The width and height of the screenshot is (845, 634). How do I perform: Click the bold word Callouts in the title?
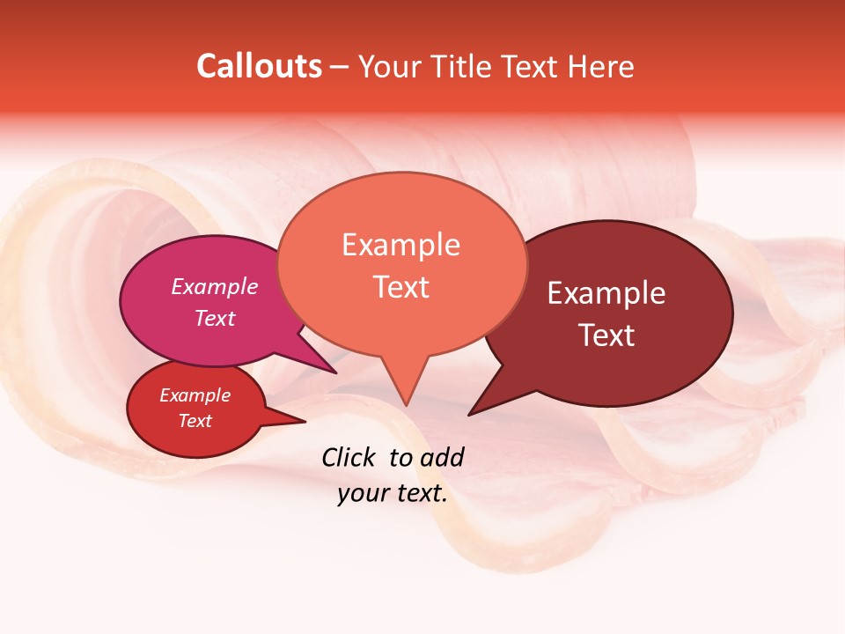coord(259,66)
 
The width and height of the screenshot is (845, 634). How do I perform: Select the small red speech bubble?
coord(195,409)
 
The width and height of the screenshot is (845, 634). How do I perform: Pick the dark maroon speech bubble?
coord(616,313)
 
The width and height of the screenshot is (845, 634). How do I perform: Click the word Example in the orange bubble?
coord(400,244)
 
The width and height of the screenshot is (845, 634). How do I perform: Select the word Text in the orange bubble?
coord(400,287)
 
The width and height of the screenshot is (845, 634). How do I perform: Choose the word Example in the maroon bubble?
coord(606,293)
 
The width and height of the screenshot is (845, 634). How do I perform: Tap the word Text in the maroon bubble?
coord(606,335)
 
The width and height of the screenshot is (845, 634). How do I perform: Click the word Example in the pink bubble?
coord(215,286)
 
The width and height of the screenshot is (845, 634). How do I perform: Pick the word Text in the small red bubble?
coord(195,421)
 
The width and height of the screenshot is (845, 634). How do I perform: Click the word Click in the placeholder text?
coord(349,457)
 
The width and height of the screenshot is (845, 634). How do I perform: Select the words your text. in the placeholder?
coord(393,494)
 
